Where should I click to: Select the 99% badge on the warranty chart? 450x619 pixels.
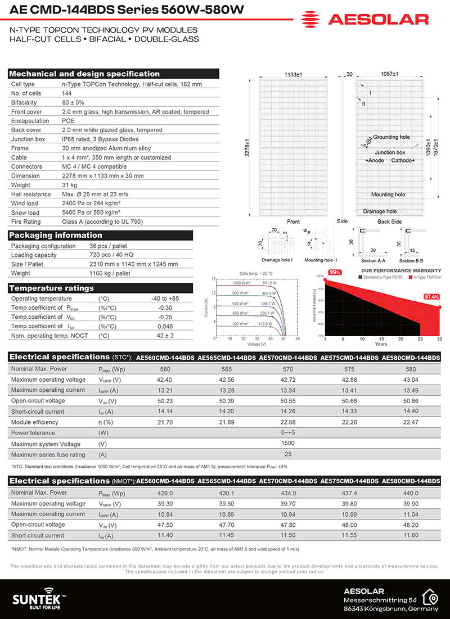[x=335, y=272]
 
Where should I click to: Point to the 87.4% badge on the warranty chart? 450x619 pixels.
[x=432, y=296]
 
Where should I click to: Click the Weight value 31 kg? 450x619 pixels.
[x=70, y=185]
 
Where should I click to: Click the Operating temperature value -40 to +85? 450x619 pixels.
[x=165, y=299]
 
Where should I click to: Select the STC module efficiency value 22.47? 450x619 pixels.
[x=411, y=422]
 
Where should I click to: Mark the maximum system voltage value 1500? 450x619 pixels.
[x=288, y=444]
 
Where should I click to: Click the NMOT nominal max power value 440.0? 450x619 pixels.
[x=411, y=493]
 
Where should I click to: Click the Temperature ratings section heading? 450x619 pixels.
[x=52, y=288]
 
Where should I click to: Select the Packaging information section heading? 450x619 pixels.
[x=56, y=235]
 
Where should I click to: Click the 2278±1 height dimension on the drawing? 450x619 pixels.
[x=246, y=148]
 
